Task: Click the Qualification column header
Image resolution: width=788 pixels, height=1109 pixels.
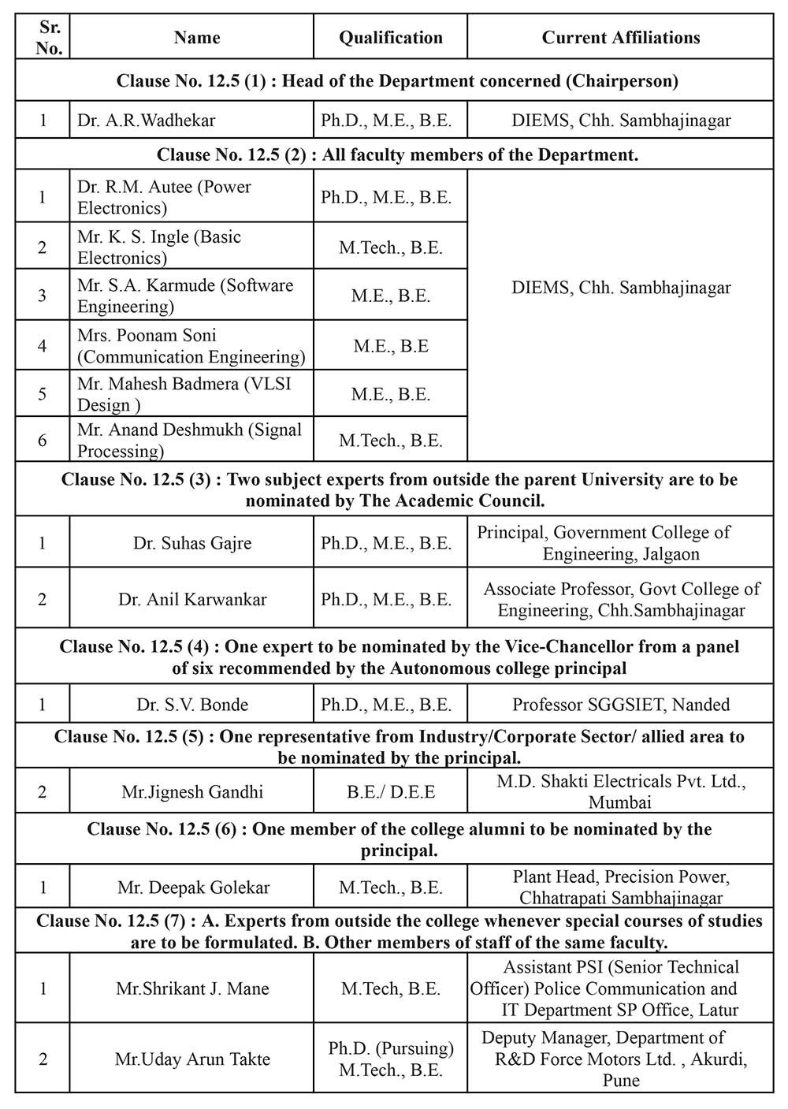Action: [x=391, y=38]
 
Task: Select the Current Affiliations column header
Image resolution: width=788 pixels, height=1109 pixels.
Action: [x=620, y=38]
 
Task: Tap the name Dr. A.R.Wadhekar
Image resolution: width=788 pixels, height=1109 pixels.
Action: [x=147, y=121]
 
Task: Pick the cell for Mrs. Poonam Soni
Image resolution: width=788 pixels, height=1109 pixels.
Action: [x=191, y=346]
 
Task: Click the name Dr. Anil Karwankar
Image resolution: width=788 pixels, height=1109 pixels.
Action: [x=192, y=599]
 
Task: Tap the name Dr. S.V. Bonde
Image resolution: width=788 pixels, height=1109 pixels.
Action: [x=192, y=705]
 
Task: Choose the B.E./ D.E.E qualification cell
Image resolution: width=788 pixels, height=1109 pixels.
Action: [x=391, y=791]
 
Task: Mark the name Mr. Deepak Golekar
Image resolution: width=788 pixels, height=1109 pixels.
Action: [x=193, y=888]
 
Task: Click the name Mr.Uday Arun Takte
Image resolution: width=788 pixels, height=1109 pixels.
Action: [x=192, y=1059]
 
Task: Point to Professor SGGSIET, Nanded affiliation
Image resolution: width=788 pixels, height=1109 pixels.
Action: [x=621, y=705]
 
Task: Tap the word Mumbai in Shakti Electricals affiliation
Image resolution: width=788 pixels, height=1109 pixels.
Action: [x=620, y=802]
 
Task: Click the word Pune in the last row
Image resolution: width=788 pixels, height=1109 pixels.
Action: [x=621, y=1080]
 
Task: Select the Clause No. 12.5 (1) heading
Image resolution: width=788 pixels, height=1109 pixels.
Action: [x=397, y=80]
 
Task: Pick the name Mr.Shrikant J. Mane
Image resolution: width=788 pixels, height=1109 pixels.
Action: [x=192, y=988]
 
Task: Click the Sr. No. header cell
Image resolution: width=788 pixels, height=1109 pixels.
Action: [x=50, y=37]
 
